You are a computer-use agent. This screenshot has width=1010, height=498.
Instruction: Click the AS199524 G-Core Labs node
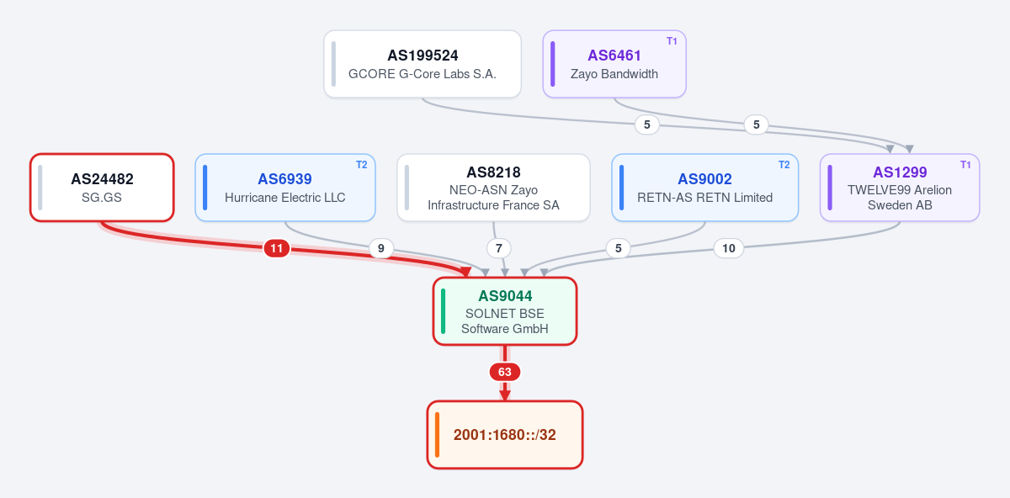(x=423, y=64)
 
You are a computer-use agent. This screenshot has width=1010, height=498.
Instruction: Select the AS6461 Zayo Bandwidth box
(x=614, y=64)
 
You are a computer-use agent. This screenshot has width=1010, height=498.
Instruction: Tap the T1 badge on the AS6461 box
(x=672, y=41)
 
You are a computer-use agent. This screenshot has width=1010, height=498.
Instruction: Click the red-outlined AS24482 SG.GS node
(x=102, y=188)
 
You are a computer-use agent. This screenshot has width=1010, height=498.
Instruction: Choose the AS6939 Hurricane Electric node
(x=285, y=188)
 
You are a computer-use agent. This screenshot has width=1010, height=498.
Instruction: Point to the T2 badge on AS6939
(x=362, y=165)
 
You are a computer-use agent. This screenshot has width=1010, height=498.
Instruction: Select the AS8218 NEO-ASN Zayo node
(x=493, y=188)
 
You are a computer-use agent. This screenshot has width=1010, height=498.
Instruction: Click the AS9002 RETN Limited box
(x=704, y=188)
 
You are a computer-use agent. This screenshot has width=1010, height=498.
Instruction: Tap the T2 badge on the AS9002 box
(x=784, y=165)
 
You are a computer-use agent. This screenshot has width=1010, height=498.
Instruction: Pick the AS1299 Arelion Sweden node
(x=900, y=188)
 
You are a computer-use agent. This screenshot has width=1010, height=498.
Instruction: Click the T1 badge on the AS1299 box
(x=965, y=165)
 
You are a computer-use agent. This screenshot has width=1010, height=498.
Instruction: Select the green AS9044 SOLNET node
(x=504, y=311)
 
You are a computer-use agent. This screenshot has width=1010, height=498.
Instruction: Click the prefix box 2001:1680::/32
(x=504, y=435)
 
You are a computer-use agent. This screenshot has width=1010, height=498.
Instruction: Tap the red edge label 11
(x=276, y=248)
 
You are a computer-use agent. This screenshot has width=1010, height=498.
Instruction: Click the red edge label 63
(x=504, y=372)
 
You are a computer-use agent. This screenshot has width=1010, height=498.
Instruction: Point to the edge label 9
(x=381, y=248)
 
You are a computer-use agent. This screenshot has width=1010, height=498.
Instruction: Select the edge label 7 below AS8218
(x=498, y=248)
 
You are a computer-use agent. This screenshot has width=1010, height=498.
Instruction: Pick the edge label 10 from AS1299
(x=729, y=248)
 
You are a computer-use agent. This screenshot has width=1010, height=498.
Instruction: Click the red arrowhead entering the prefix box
(x=504, y=395)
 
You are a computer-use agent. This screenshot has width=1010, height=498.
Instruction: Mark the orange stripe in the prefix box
(x=437, y=435)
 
